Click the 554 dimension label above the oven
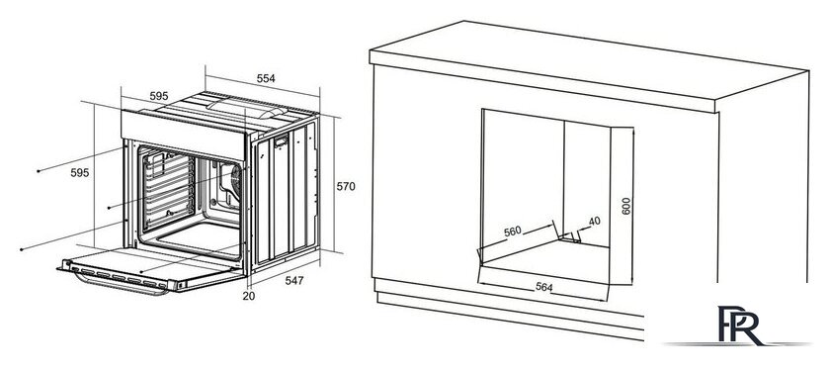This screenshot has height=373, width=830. pos(266,78)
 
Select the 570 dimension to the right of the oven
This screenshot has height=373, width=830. pos(346,186)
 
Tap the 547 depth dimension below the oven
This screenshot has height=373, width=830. pos(294,280)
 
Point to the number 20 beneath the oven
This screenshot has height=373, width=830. pos(249,296)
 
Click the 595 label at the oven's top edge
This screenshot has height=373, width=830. pos(159,96)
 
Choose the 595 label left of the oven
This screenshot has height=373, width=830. pos(80,173)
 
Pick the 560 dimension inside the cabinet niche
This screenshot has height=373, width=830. pos(513,232)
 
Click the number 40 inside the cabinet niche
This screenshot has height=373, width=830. pos(595,221)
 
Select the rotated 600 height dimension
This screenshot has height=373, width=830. pos(626,206)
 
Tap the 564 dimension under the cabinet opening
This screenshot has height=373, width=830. pos(543,287)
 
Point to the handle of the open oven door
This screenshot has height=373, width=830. pos(121,286)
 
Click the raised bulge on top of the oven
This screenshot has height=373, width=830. pos(247,107)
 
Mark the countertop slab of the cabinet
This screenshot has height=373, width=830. pos(589,66)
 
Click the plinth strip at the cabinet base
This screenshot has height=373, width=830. pos(510,309)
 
